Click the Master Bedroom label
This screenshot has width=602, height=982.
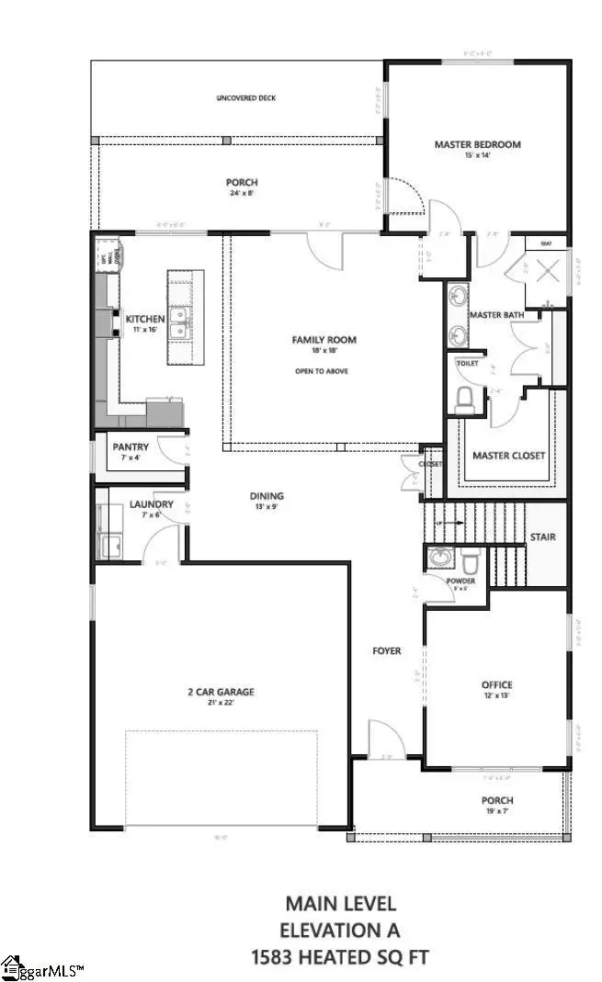(x=477, y=144)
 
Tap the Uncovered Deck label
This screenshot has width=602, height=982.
(x=245, y=97)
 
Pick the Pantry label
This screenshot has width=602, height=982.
(x=131, y=447)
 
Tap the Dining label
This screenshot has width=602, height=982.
(x=267, y=496)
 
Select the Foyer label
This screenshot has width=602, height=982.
(x=386, y=650)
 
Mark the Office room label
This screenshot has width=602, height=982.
(x=496, y=684)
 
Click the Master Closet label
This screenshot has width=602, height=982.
(x=508, y=456)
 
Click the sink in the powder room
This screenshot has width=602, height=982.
(x=440, y=559)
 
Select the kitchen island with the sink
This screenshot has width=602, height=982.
(x=185, y=317)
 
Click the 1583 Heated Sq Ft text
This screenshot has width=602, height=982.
(x=340, y=957)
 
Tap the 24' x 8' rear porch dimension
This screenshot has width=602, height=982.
(x=243, y=193)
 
